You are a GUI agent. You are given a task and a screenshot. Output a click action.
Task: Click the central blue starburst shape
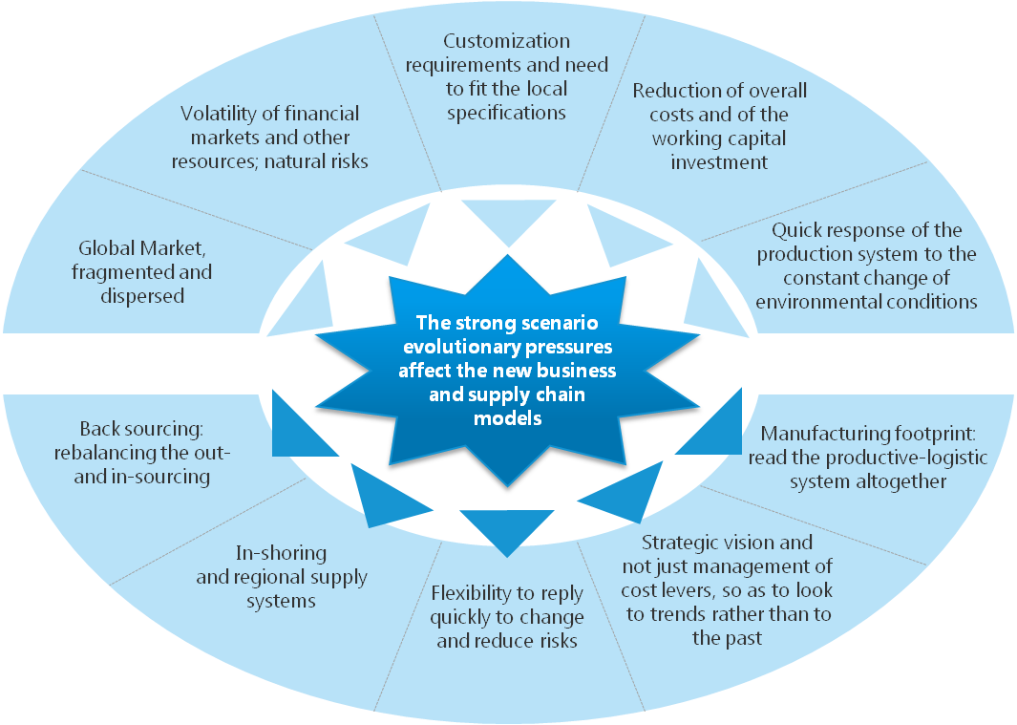pyautogui.click(x=507, y=371)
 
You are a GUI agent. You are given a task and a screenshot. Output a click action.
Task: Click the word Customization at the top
pyautogui.click(x=506, y=41)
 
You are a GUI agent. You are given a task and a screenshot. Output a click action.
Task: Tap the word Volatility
pyautogui.click(x=219, y=114)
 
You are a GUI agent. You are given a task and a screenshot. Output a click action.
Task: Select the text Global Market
pyautogui.click(x=142, y=248)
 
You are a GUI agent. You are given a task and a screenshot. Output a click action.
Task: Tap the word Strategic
pyautogui.click(x=683, y=543)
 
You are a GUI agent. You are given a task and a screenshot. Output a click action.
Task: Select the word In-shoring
pyautogui.click(x=281, y=553)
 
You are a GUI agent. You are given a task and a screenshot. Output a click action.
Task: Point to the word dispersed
pyautogui.click(x=142, y=296)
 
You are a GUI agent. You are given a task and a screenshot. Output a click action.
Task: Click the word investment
pyautogui.click(x=719, y=162)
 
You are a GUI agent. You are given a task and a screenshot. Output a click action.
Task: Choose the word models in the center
pyautogui.click(x=507, y=418)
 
